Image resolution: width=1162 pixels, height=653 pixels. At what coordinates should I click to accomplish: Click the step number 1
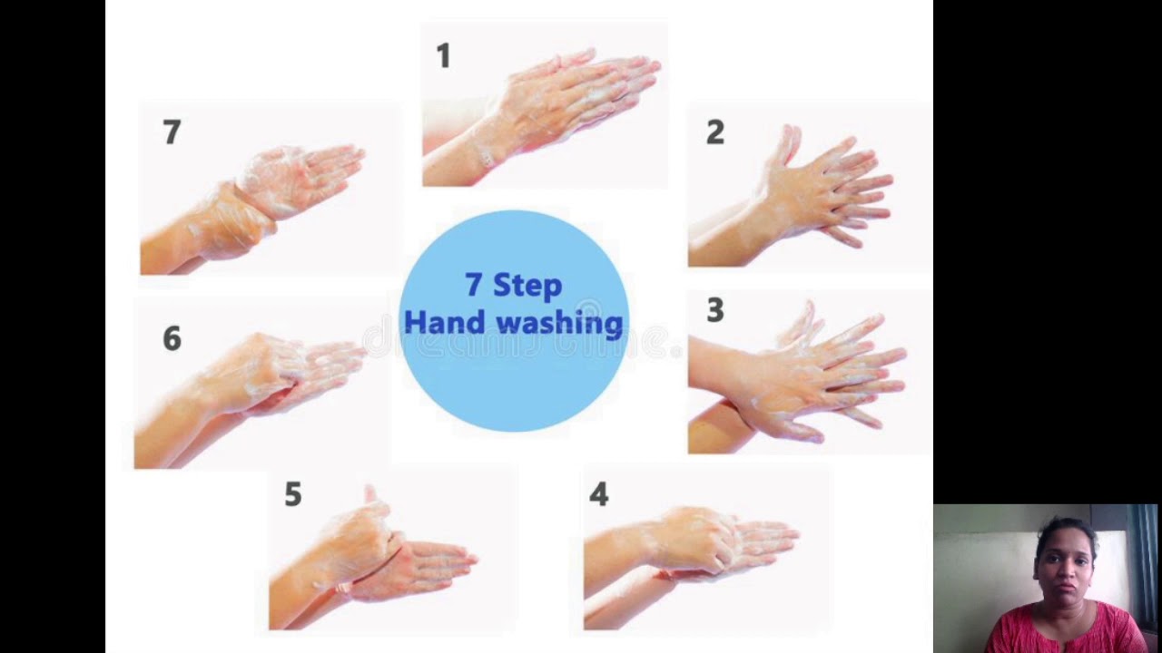point(443,56)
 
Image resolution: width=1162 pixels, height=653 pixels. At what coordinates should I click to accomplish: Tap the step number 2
point(715,132)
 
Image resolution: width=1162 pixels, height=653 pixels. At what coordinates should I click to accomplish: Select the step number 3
point(715,310)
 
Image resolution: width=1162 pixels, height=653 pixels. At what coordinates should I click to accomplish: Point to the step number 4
point(598,494)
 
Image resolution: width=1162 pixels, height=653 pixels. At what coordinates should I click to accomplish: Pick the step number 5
point(292,494)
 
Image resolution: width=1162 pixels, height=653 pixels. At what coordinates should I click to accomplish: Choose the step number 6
point(172,339)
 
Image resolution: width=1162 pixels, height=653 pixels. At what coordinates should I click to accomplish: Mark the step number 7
point(172,132)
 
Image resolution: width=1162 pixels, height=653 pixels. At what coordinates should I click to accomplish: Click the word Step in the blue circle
point(527,286)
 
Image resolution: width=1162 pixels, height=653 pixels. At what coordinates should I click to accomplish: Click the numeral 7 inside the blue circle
point(473,285)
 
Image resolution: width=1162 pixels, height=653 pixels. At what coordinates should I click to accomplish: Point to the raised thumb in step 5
point(370,495)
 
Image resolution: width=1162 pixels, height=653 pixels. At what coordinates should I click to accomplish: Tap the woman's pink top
point(1067,630)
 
